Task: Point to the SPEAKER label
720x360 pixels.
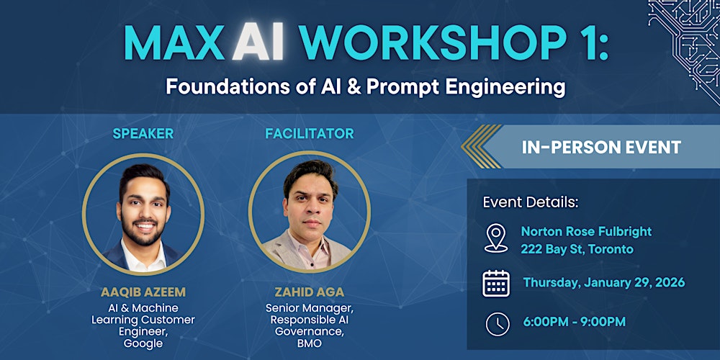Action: pos(143,133)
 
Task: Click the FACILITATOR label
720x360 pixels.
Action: pos(309,133)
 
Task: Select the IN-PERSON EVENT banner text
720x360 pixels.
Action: pos(601,147)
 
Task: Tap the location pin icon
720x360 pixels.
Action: pos(496,239)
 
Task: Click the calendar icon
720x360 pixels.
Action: pos(496,283)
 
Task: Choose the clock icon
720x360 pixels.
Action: pos(497,323)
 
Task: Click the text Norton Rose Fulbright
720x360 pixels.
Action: pos(586,231)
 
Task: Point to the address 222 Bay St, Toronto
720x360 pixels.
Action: pos(577,249)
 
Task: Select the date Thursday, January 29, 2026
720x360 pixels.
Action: pos(603,282)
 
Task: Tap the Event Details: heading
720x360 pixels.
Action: pos(530,202)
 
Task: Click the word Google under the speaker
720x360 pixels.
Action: pos(143,343)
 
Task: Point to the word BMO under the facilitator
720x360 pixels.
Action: pos(309,343)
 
